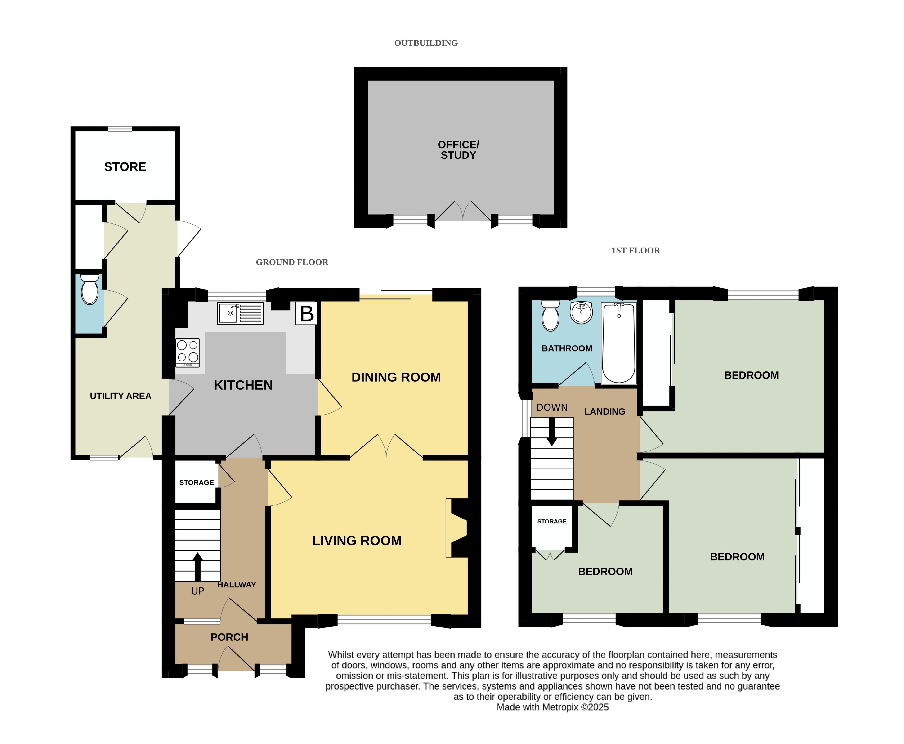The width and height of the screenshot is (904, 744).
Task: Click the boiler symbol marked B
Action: click(x=306, y=313)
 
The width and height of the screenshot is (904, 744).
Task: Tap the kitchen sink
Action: click(x=240, y=313)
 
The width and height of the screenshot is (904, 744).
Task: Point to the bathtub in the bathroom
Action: click(x=619, y=343)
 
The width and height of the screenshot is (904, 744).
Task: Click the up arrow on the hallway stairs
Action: click(x=197, y=567)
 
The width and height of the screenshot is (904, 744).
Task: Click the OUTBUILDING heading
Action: click(x=426, y=43)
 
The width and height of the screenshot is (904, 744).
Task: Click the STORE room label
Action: click(x=125, y=167)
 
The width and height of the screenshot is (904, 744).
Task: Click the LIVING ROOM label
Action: click(x=357, y=541)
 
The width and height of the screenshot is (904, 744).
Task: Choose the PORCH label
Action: click(x=229, y=637)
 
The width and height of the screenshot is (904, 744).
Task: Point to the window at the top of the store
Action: click(x=120, y=129)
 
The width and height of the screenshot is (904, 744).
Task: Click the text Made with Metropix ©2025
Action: click(x=553, y=707)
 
